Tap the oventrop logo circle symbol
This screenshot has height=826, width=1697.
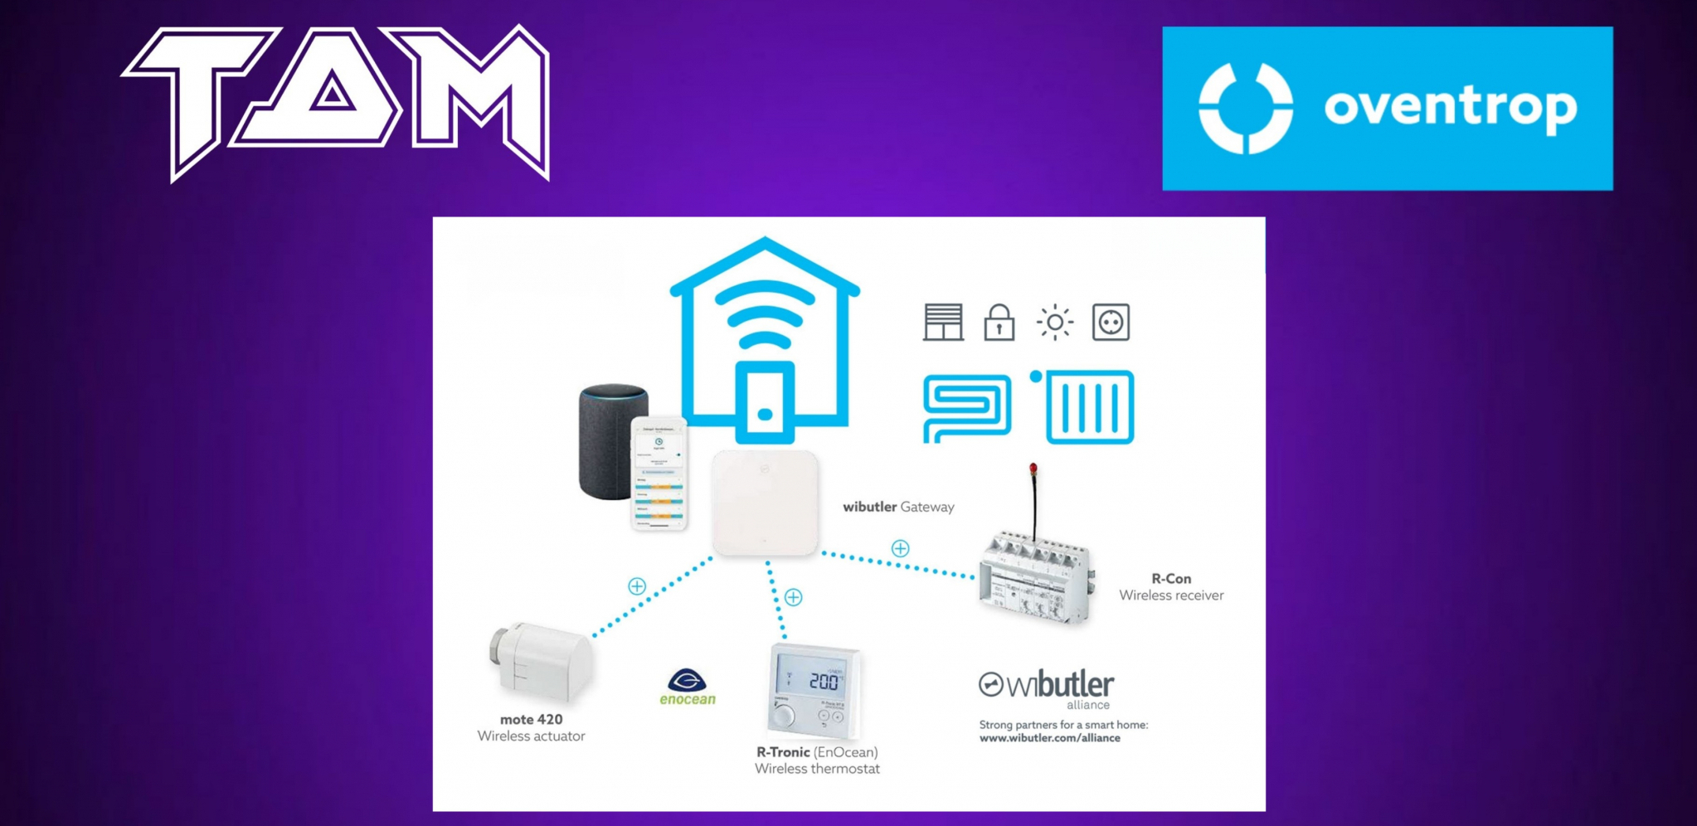(1245, 108)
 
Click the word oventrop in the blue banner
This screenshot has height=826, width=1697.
(1450, 108)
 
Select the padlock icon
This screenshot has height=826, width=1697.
(999, 323)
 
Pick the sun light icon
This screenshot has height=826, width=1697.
(1054, 322)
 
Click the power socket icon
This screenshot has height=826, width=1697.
(1111, 322)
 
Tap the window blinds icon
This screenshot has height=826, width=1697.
(943, 323)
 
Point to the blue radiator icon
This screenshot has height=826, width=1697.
(1089, 407)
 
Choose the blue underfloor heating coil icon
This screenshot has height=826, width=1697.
(967, 407)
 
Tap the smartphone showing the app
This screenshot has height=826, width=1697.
(659, 474)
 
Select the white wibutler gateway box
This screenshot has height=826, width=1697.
(765, 503)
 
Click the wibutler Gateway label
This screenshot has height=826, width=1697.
(898, 507)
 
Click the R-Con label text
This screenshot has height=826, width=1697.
(1170, 579)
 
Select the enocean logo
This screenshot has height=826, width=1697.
(688, 688)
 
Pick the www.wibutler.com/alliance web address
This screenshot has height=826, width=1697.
(1049, 738)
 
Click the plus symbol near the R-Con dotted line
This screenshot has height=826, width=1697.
(900, 548)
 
